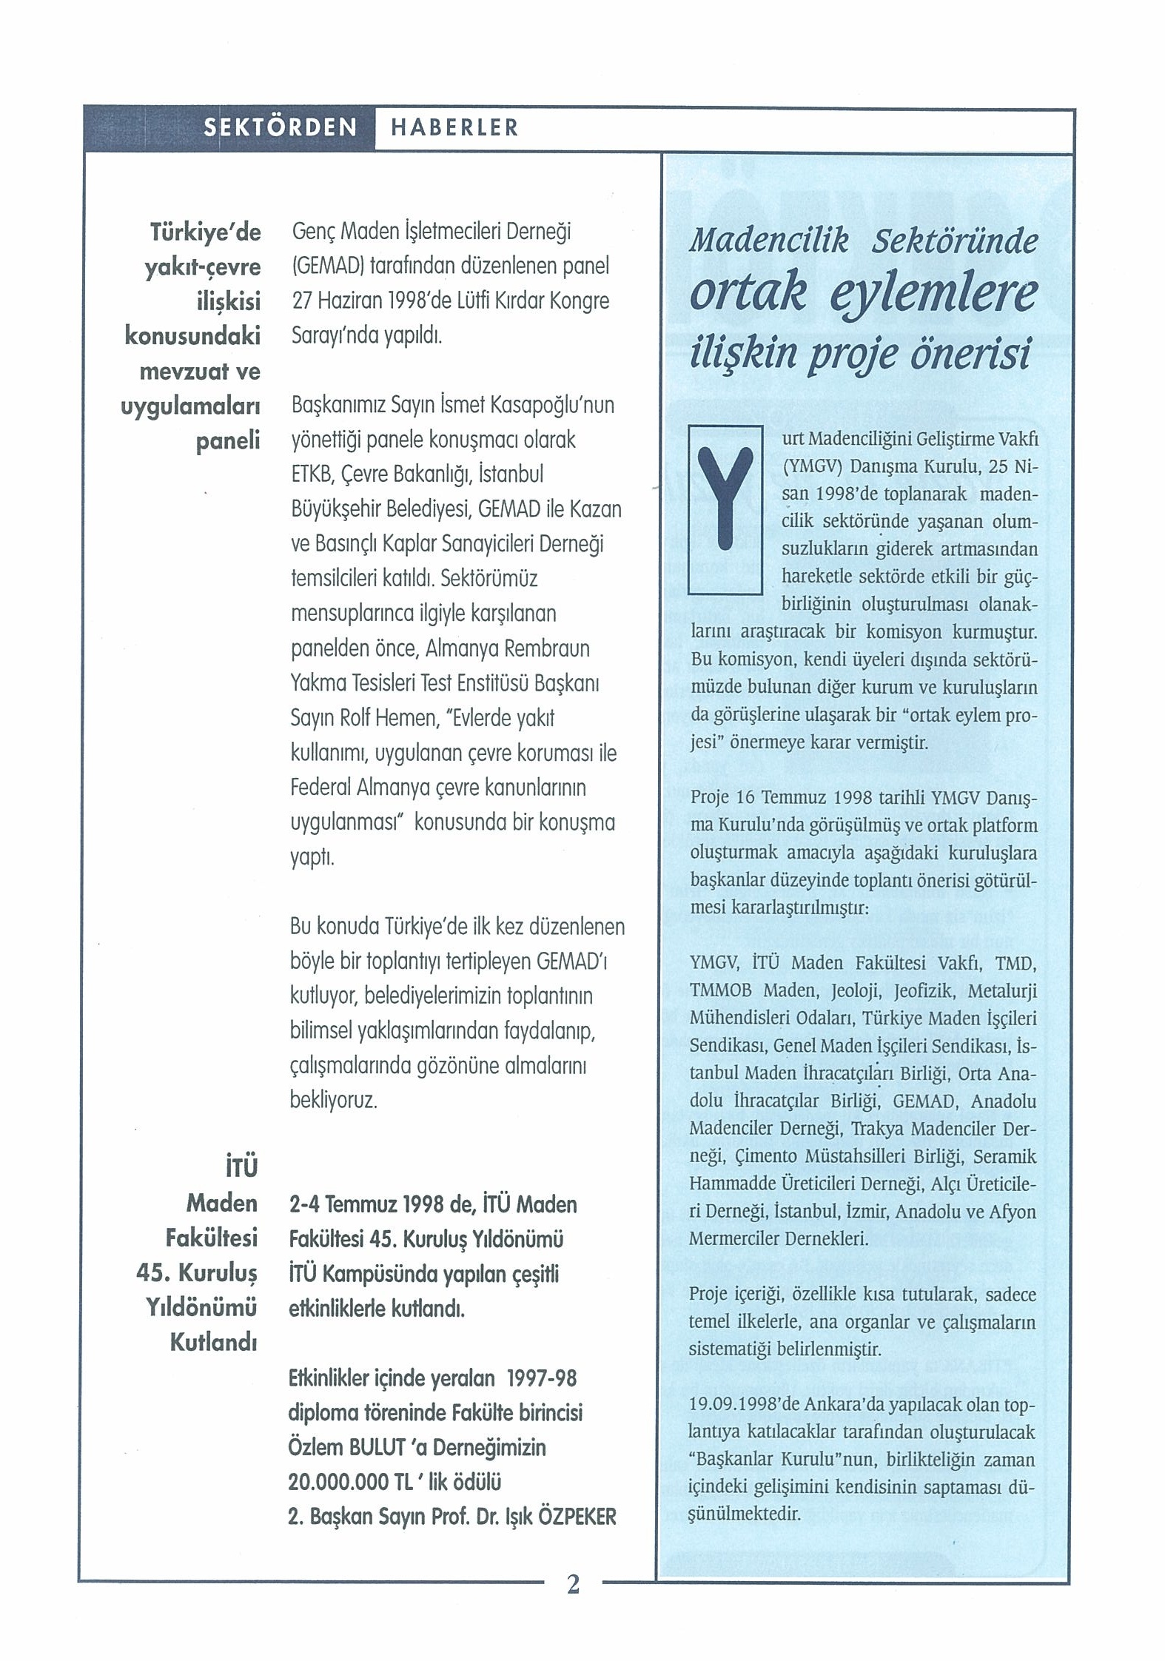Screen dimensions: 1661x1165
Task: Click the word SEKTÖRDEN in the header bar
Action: click(280, 127)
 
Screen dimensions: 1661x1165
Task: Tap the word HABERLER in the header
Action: click(454, 128)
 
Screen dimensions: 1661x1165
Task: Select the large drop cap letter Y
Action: click(725, 509)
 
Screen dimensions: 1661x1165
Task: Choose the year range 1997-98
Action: click(540, 1378)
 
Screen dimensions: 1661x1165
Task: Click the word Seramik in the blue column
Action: click(1004, 1156)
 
